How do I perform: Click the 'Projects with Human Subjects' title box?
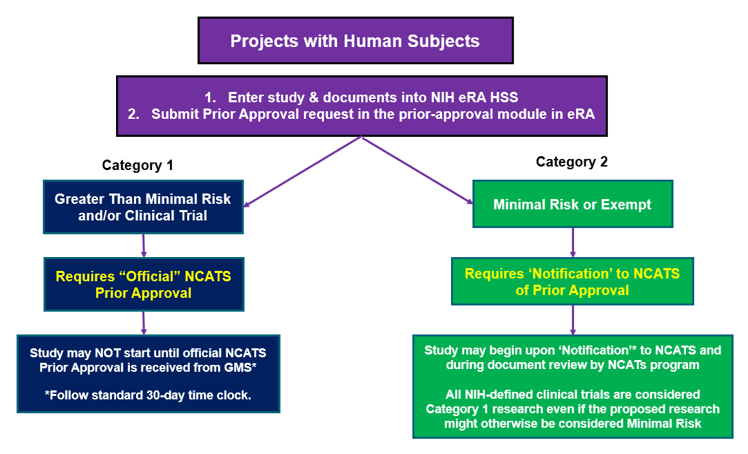pos(356,41)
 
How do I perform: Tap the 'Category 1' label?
pos(137,165)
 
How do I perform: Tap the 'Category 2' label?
pos(571,162)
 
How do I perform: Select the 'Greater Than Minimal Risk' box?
pos(143,207)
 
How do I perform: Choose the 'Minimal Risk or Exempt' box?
pos(573,204)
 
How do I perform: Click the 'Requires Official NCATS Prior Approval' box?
pos(144,285)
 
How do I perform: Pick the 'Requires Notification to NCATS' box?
pos(573,281)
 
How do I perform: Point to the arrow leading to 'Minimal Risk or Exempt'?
pos(417,171)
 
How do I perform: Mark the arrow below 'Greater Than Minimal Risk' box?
pos(144,245)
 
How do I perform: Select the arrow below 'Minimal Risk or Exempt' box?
pos(573,243)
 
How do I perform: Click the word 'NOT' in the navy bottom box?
pos(108,353)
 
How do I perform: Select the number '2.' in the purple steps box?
pos(133,114)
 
